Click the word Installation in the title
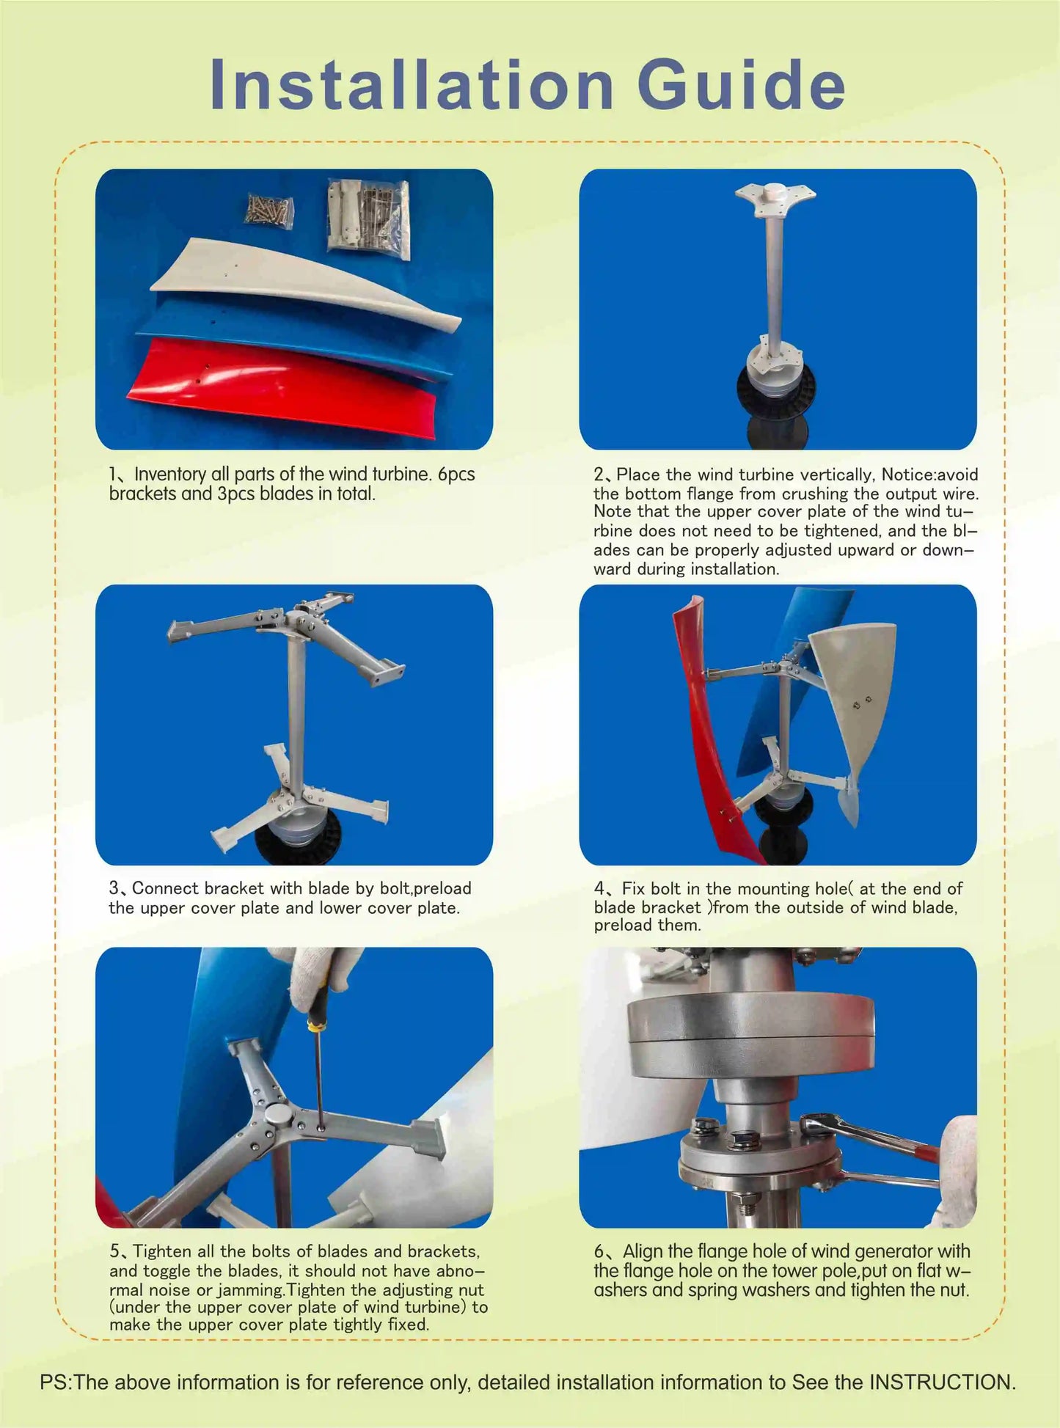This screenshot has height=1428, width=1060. pos(411,86)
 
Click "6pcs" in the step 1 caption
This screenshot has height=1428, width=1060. pos(456,475)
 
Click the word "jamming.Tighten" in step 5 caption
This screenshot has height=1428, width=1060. pos(331,1289)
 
